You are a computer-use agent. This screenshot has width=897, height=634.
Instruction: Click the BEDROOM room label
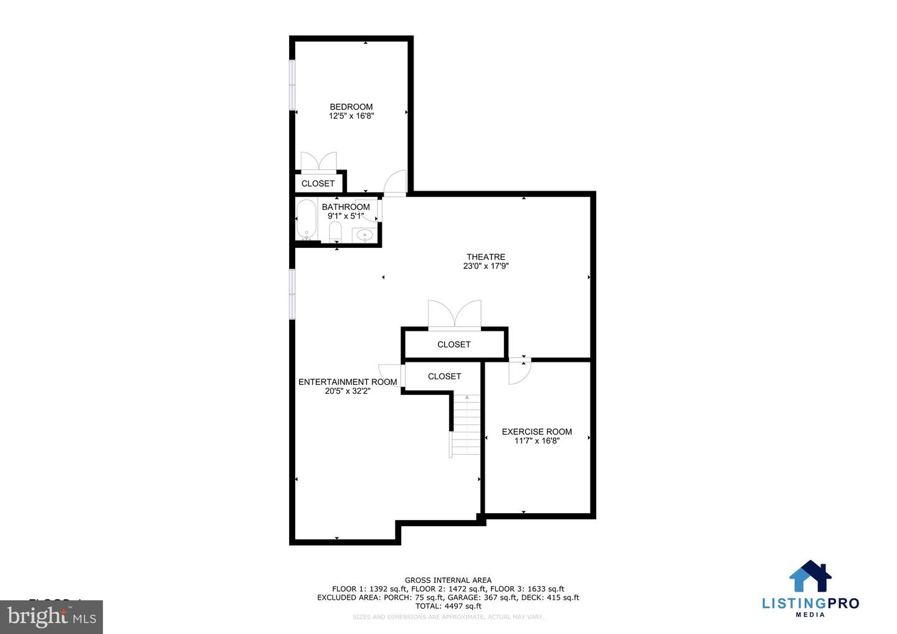coord(351,106)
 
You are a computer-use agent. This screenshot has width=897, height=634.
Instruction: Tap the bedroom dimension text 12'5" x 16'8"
coord(351,116)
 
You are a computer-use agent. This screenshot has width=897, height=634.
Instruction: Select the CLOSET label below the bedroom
coord(318,183)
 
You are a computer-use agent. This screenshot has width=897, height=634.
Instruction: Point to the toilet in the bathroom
coord(335,233)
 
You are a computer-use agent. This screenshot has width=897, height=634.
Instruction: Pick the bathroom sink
coord(364,235)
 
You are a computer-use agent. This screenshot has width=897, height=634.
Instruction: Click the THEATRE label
coord(486,257)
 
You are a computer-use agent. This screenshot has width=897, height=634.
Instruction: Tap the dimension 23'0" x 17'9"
coord(486,266)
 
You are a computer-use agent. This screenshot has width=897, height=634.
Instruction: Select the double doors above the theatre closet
coord(455,314)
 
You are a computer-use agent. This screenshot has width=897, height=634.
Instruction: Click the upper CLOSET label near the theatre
coord(453,344)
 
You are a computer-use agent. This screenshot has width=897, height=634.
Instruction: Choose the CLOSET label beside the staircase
coord(444,376)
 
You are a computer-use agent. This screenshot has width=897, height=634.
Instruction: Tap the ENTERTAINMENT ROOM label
coord(348,382)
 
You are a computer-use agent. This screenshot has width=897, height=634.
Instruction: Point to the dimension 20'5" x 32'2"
coord(348,391)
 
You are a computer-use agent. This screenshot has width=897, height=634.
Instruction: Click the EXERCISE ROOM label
coord(537,432)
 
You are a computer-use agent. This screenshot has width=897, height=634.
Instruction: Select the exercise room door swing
coord(519,372)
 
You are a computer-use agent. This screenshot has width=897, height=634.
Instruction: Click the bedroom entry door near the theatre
coord(396,183)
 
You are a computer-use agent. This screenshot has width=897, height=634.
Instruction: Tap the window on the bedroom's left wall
coord(292,85)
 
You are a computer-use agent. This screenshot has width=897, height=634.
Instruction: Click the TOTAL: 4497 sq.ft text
coord(448,606)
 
